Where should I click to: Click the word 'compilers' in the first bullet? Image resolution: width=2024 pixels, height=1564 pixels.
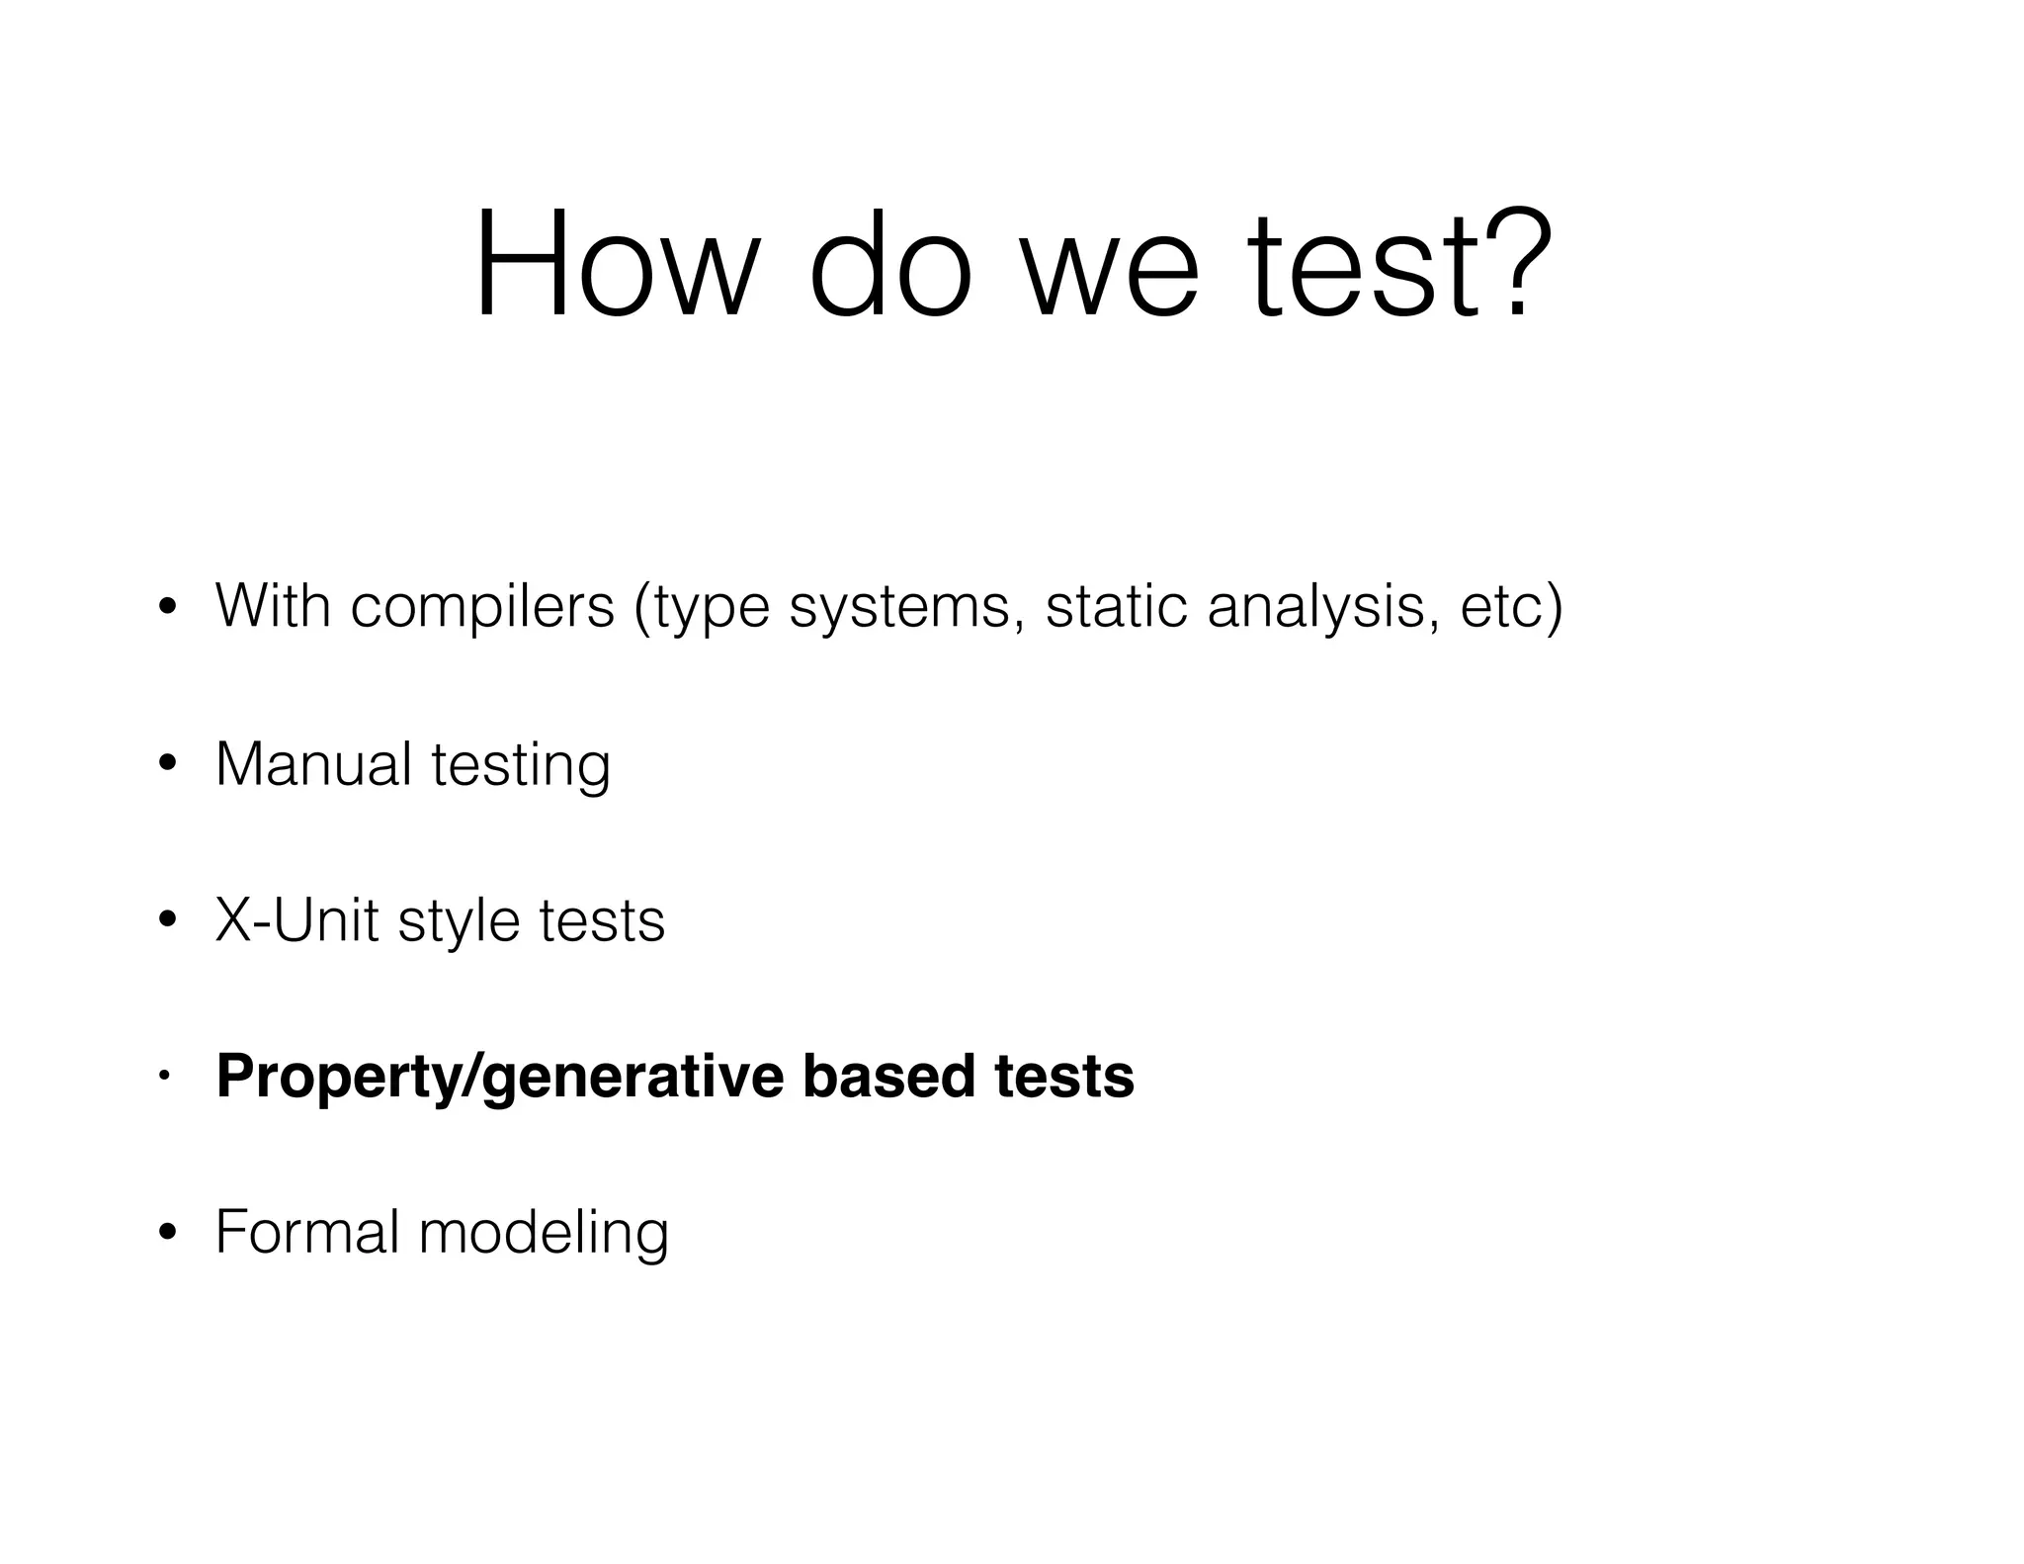pyautogui.click(x=482, y=606)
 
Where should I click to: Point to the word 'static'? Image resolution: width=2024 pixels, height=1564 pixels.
pyautogui.click(x=1116, y=606)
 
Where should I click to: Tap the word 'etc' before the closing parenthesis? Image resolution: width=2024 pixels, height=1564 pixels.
pyautogui.click(x=1501, y=606)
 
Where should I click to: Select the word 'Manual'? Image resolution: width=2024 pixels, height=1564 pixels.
pyautogui.click(x=313, y=763)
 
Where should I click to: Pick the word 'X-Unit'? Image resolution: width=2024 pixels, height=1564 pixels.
pyautogui.click(x=296, y=919)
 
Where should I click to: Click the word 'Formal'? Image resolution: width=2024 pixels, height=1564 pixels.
pyautogui.click(x=306, y=1232)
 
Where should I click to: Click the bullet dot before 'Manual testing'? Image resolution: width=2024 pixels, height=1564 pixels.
pyautogui.click(x=167, y=763)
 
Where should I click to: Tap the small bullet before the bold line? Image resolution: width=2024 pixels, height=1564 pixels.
pyautogui.click(x=167, y=1075)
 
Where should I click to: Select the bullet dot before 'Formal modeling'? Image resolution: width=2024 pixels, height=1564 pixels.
pyautogui.click(x=167, y=1232)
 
